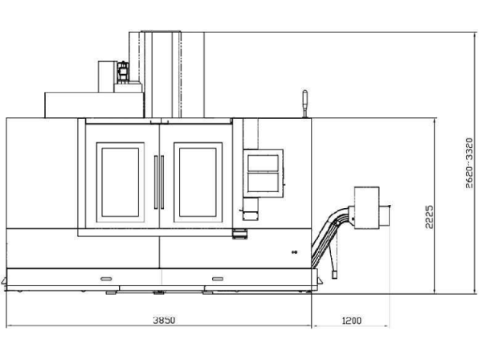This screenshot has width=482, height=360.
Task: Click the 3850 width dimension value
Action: (x=164, y=320)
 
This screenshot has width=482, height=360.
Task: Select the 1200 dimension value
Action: (x=352, y=321)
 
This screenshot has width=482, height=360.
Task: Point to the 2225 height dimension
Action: (x=429, y=217)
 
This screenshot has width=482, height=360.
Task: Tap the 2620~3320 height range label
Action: (x=469, y=163)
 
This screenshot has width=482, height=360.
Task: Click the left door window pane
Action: (x=120, y=182)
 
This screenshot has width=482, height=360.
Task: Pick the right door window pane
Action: (x=198, y=182)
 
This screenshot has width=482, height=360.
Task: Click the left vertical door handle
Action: (x=156, y=182)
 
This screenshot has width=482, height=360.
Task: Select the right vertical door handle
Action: (x=162, y=182)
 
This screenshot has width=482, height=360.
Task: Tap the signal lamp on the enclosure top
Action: (x=305, y=104)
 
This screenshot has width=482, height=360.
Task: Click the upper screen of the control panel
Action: (x=263, y=163)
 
